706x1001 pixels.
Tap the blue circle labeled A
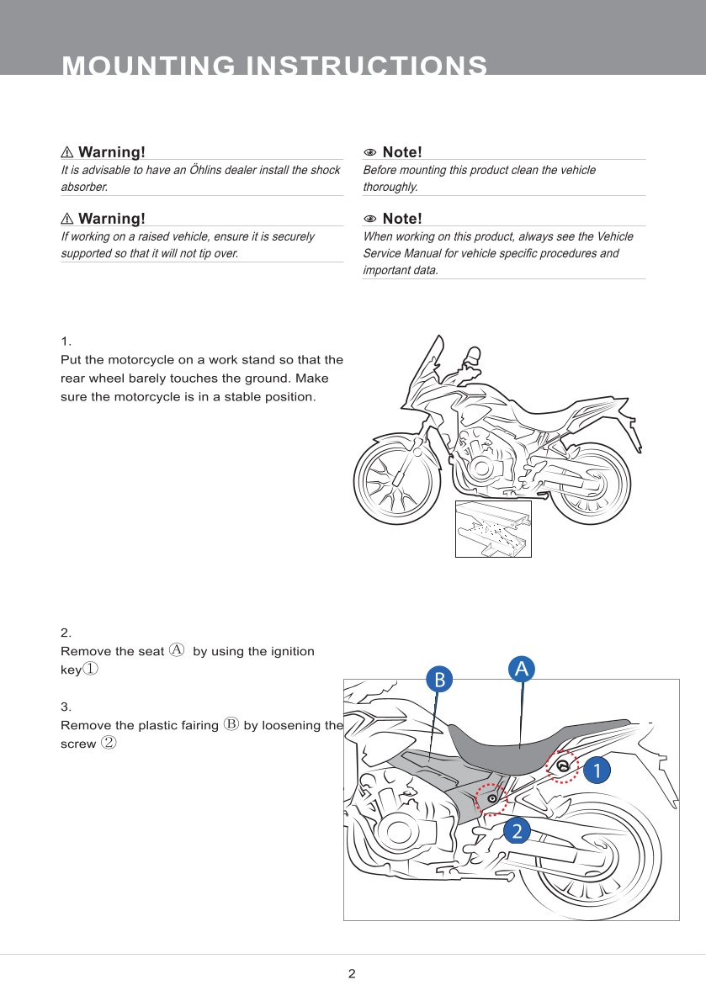(522, 669)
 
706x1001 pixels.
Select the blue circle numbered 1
(596, 770)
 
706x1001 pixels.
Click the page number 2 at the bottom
(352, 974)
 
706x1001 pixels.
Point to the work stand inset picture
(493, 528)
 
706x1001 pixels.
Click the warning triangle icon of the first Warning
(67, 152)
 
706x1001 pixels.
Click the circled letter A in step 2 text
(177, 650)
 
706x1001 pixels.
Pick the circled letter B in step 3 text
(232, 724)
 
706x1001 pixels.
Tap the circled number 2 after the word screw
(109, 743)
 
